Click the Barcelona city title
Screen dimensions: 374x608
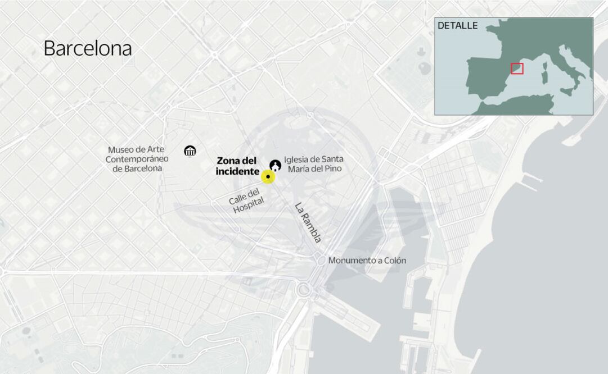[87, 48]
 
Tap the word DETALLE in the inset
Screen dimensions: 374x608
[457, 26]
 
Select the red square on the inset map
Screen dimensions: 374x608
[517, 69]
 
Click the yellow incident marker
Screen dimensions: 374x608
[268, 177]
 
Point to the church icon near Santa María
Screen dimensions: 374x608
[275, 165]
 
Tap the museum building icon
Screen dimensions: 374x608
[190, 150]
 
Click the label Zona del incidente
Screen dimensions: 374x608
[237, 166]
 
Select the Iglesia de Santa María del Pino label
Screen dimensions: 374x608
[313, 163]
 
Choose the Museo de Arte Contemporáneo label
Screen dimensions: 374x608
[135, 159]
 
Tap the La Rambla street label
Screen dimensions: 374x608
[308, 222]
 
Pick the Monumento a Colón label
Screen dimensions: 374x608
[367, 261]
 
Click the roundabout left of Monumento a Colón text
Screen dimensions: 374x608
[319, 260]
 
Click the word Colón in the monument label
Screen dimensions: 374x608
[394, 261]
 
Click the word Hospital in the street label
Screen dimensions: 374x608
[248, 207]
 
